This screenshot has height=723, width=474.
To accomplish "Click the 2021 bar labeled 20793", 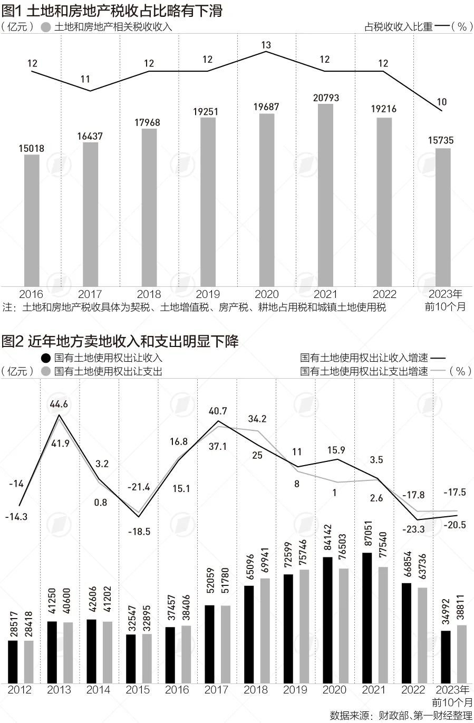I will tap(325, 195).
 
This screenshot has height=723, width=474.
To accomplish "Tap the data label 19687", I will tap(266, 107).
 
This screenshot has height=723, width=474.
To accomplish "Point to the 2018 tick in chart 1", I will tap(149, 294).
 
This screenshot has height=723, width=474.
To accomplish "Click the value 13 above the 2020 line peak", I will tap(266, 45).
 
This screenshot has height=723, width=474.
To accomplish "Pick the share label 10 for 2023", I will tap(442, 102).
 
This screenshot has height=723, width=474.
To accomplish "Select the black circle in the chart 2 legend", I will tap(46, 358).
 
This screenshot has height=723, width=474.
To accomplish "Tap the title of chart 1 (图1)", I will tap(112, 11).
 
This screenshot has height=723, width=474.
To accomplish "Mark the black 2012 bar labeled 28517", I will tap(13, 661).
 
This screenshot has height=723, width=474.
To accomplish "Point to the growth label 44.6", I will tap(59, 404).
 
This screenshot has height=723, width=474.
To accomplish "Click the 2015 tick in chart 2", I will tap(138, 690).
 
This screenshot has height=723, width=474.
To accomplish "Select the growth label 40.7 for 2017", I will tap(218, 411).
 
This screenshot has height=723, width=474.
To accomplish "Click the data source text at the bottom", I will tap(401, 716).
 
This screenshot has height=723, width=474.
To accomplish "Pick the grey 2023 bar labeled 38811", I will tap(462, 654).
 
